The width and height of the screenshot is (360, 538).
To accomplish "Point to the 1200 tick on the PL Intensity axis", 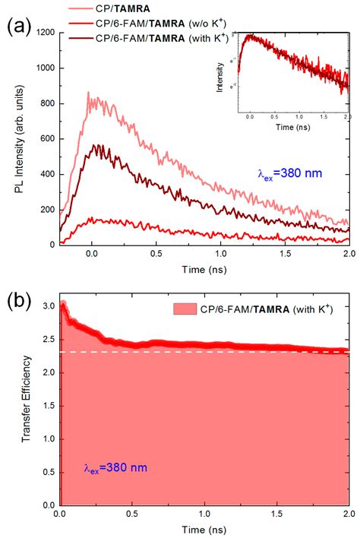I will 43,33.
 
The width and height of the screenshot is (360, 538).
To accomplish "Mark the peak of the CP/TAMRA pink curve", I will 89,93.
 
